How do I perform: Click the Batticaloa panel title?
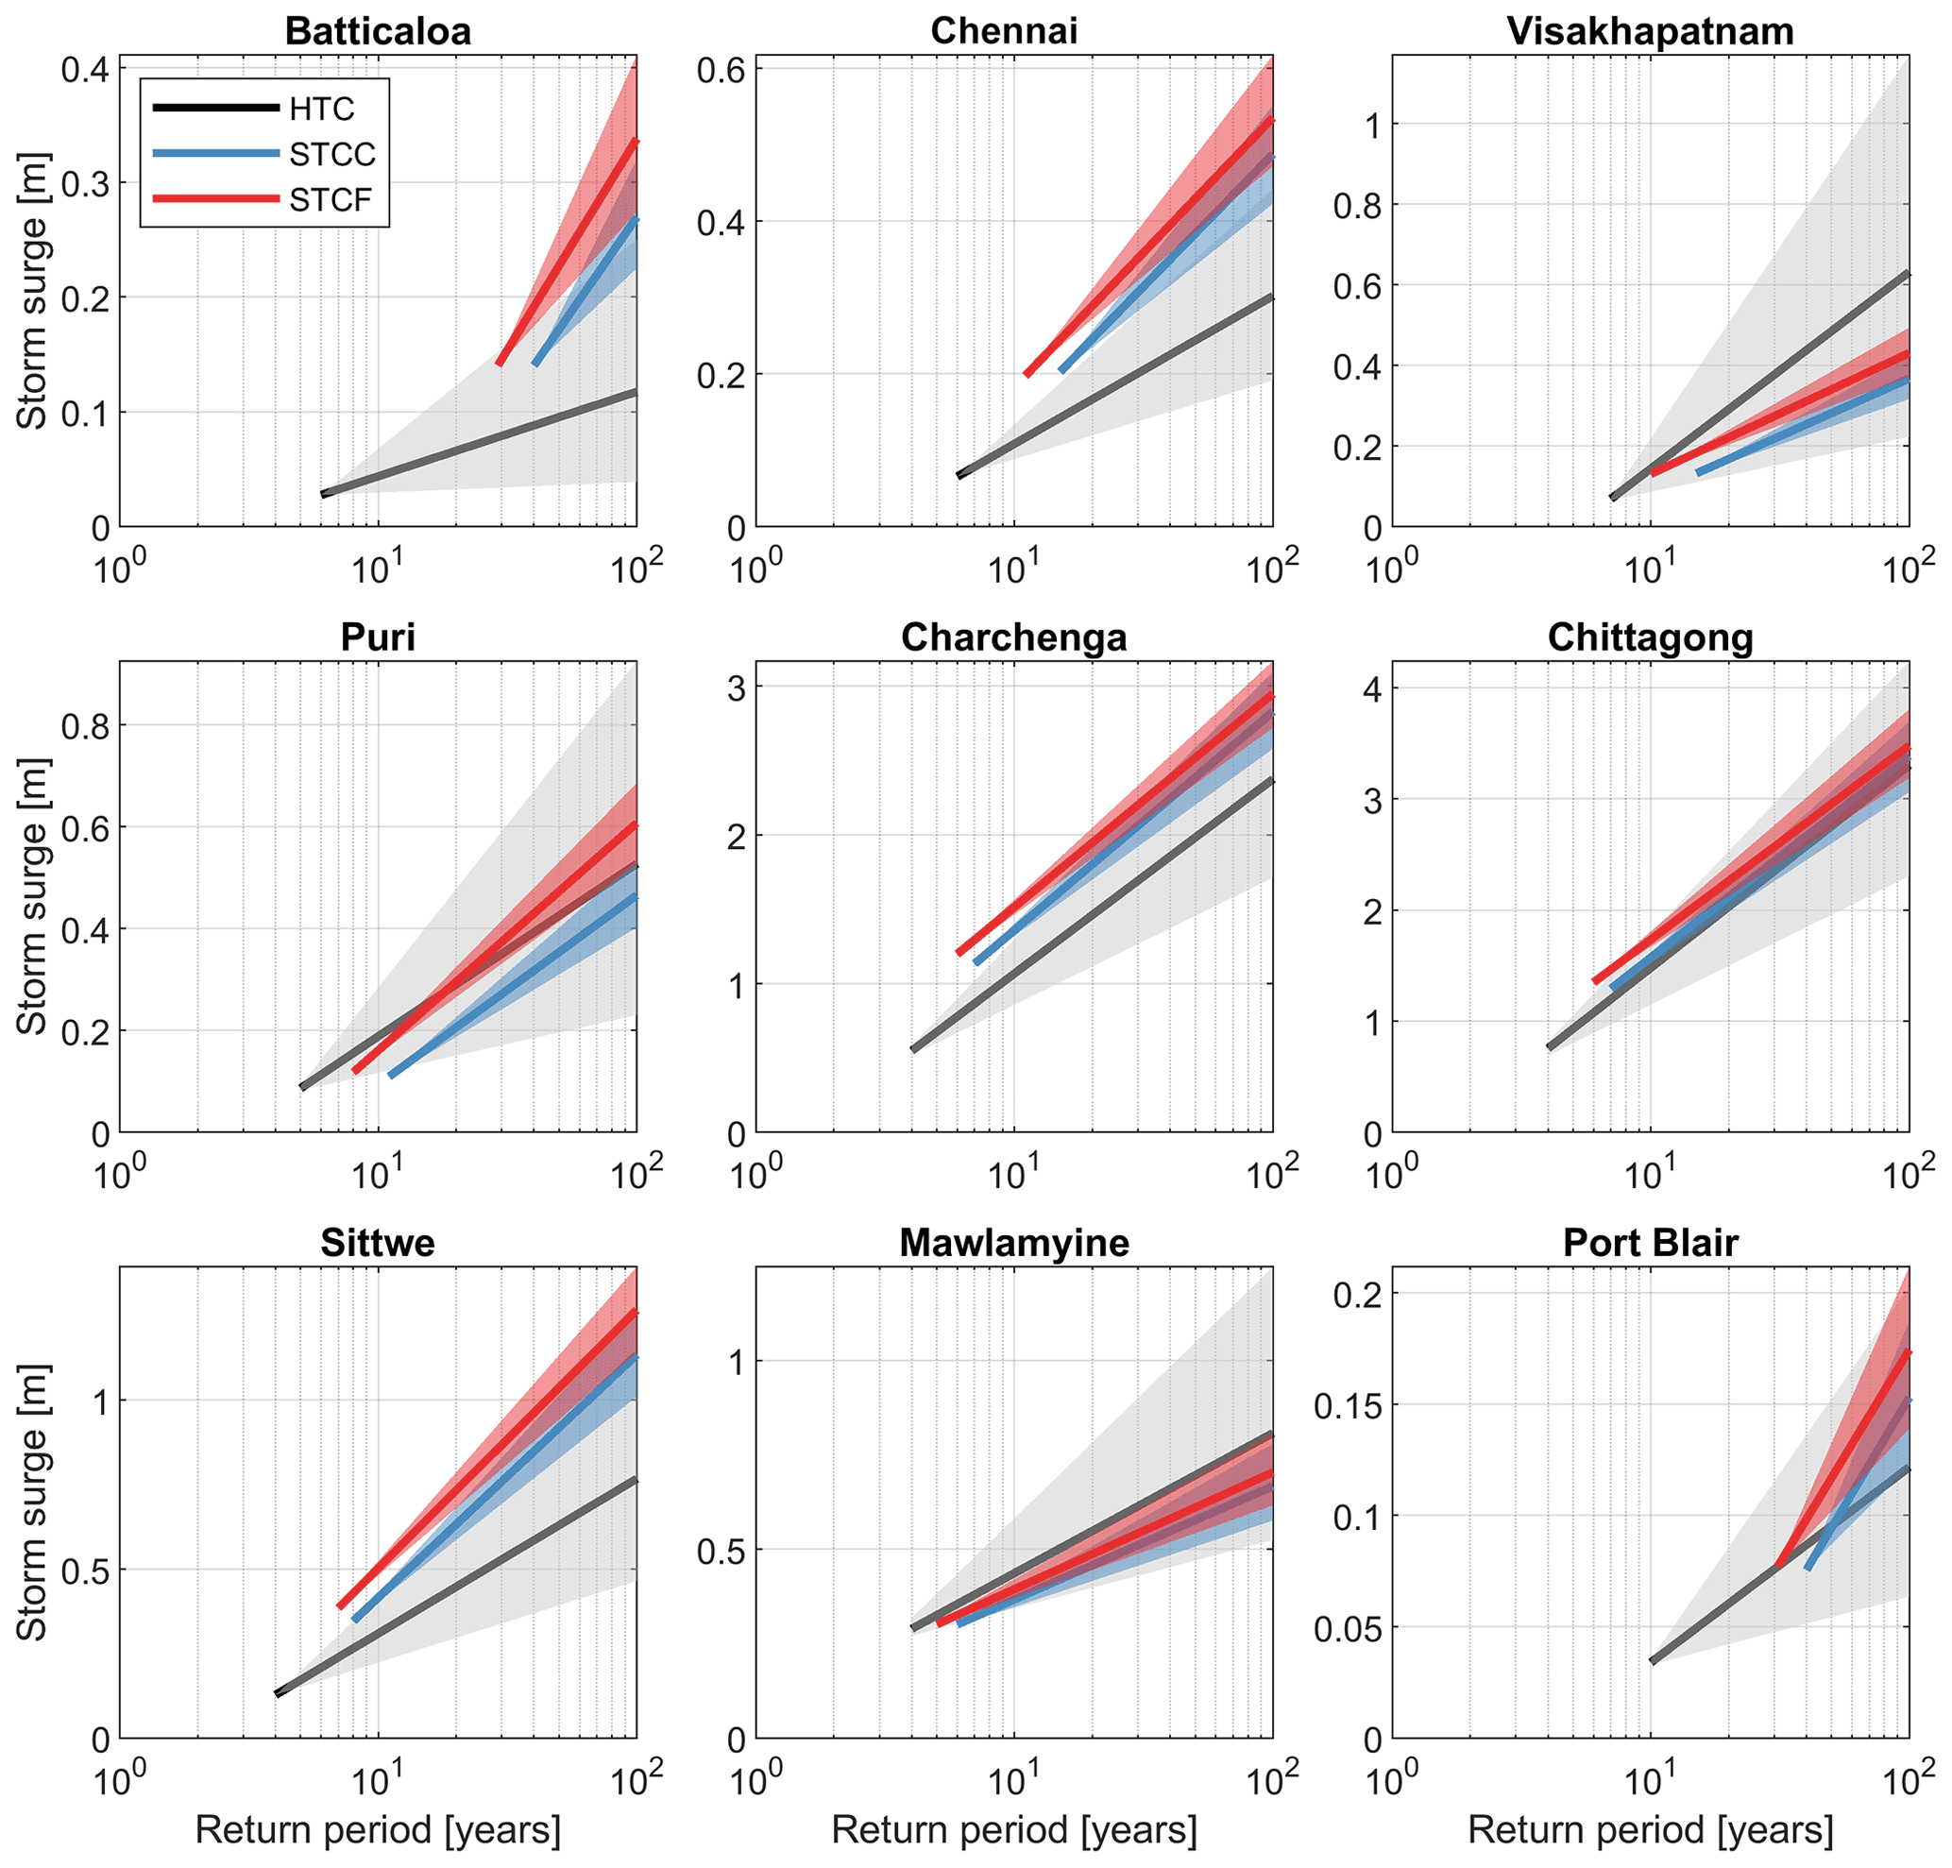[378, 31]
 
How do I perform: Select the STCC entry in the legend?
[332, 154]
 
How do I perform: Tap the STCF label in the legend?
[331, 200]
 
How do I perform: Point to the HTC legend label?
[322, 109]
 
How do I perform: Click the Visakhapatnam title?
[1650, 31]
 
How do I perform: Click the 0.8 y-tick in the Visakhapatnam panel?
[1356, 205]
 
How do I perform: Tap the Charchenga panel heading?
[1014, 637]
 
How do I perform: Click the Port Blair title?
[1650, 1243]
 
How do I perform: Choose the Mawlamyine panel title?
[1014, 1243]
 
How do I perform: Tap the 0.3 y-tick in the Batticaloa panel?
[85, 183]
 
